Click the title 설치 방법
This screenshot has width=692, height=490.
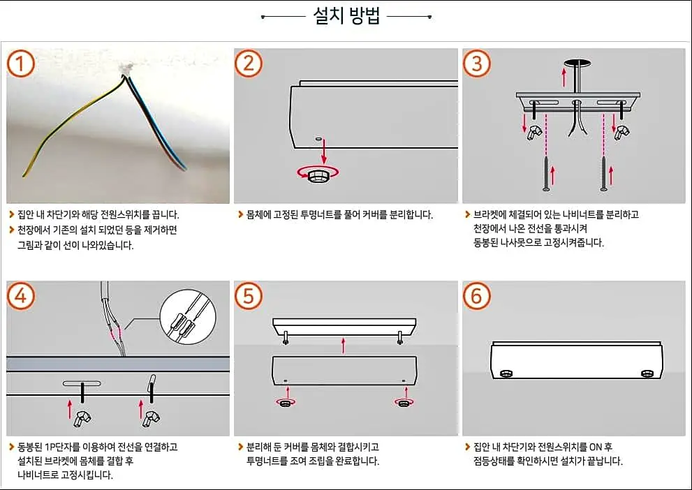click(x=346, y=16)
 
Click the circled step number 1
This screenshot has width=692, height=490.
click(x=20, y=64)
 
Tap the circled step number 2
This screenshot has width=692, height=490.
click(x=249, y=64)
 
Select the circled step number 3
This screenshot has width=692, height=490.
click(x=477, y=64)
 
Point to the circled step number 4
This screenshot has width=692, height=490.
click(x=20, y=296)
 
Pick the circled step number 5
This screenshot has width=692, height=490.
click(x=249, y=296)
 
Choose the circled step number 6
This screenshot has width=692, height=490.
click(x=477, y=296)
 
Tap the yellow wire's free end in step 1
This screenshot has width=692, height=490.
click(x=24, y=176)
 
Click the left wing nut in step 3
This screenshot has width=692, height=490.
click(x=534, y=132)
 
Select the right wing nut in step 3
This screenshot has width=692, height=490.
click(x=623, y=132)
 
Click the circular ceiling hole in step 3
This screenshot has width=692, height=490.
click(x=579, y=64)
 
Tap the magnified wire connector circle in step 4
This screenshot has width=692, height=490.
click(x=188, y=318)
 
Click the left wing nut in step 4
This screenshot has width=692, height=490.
click(x=82, y=417)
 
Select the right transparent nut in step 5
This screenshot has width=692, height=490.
click(x=404, y=403)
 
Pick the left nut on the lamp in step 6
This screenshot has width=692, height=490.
click(x=506, y=373)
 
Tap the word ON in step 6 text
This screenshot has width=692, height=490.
click(x=596, y=447)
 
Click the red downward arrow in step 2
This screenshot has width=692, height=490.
click(x=325, y=151)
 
